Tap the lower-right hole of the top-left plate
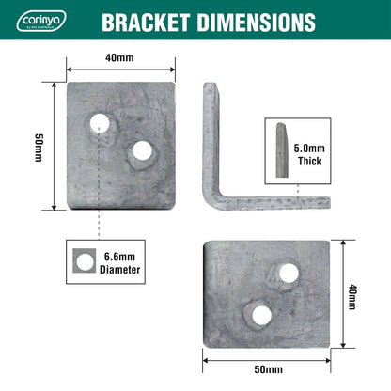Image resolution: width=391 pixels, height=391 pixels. (143, 150)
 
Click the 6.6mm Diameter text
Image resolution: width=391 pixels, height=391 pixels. (120, 262)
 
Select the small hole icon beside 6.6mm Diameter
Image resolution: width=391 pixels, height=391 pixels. (84, 262)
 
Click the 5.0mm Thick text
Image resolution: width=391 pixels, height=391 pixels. (311, 155)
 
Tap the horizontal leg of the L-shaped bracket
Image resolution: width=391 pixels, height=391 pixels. (273, 200)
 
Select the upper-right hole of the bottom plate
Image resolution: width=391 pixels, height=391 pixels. (289, 274)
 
